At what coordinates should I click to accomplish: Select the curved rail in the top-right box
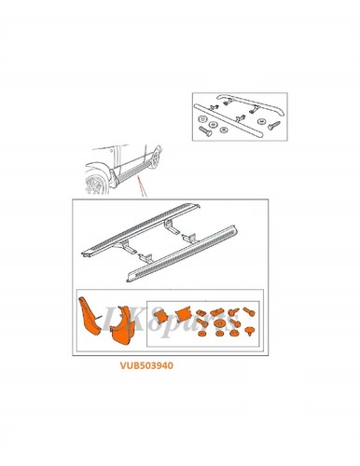click(x=241, y=103)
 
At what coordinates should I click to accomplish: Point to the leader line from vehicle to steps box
click(x=141, y=190)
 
